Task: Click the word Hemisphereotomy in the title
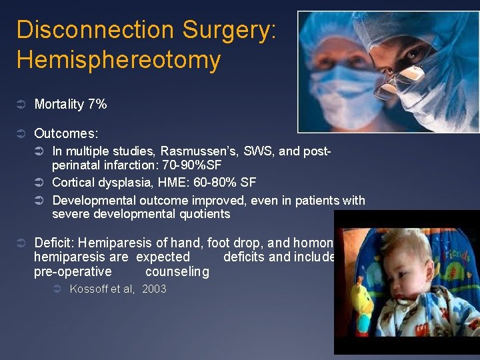point(118,60)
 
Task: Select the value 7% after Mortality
point(97,104)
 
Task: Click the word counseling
point(177,272)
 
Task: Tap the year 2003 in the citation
point(154,289)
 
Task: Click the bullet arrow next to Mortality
point(21,105)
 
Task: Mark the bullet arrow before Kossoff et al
point(57,289)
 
